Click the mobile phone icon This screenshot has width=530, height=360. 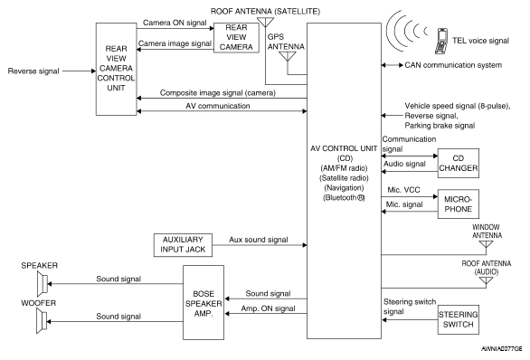pos(440,41)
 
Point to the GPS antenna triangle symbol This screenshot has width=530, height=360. pos(288,56)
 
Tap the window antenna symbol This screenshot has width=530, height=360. pos(486,245)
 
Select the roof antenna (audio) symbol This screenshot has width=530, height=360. pos(486,281)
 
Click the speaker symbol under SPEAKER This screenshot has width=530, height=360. pos(43,284)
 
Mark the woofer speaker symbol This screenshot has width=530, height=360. pos(42,321)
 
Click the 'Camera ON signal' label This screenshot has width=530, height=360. pos(175,23)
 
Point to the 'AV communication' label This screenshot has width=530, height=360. pos(218,106)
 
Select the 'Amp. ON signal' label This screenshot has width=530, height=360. pos(268,308)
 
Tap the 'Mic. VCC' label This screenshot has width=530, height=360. pos(403,190)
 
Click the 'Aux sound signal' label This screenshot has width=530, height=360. pos(259,240)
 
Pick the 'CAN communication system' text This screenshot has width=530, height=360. pos(453,65)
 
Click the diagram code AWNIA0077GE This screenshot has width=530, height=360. pos(501,349)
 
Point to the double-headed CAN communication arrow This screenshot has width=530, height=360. pos(393,65)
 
